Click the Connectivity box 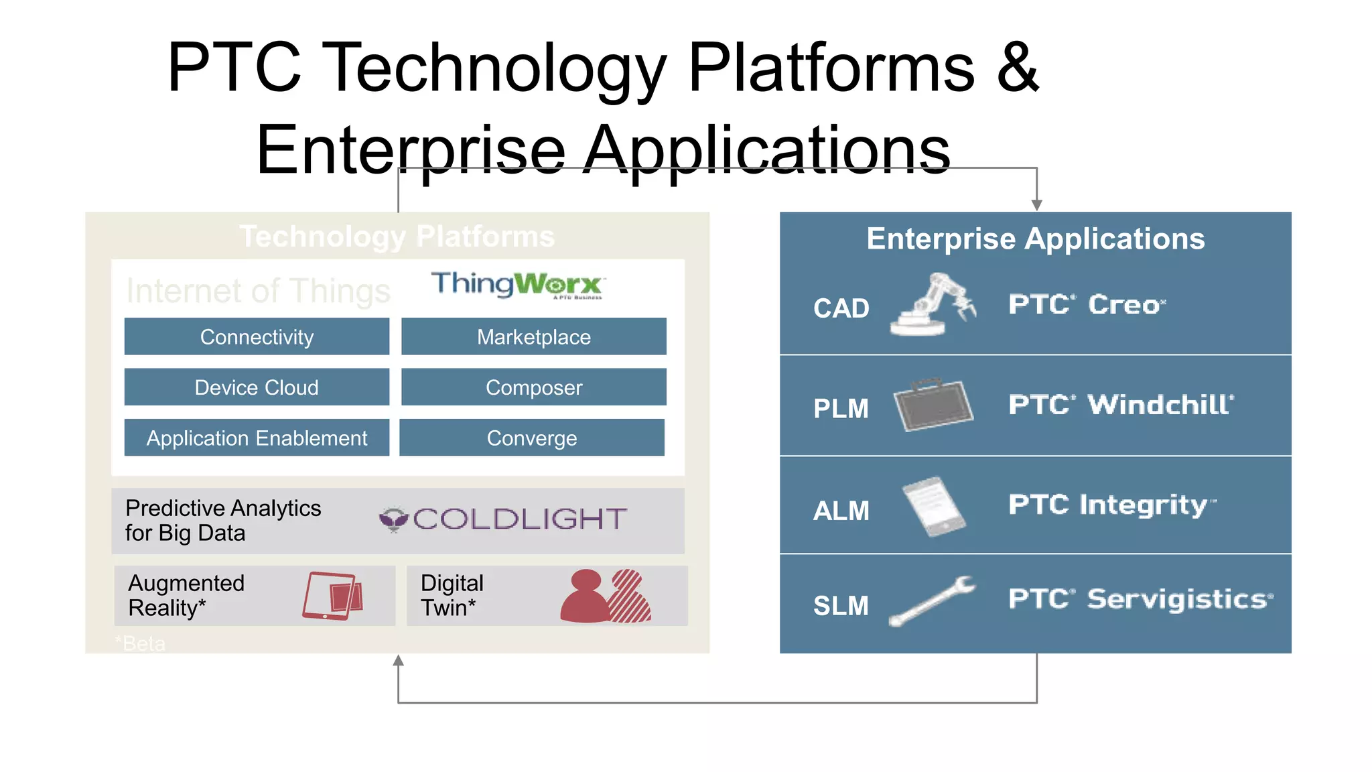point(257,336)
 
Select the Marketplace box point(533,336)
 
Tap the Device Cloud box point(257,387)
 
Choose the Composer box point(533,387)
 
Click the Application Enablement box point(257,438)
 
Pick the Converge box point(531,438)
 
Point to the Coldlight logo point(503,519)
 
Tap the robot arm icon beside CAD point(932,305)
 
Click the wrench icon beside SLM point(932,601)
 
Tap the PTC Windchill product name point(1121,405)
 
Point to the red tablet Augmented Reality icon point(333,595)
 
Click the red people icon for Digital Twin point(606,596)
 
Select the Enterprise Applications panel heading point(1035,239)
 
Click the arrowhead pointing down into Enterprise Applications point(1036,205)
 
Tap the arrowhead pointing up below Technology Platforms point(398,661)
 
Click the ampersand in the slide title point(1017,67)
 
